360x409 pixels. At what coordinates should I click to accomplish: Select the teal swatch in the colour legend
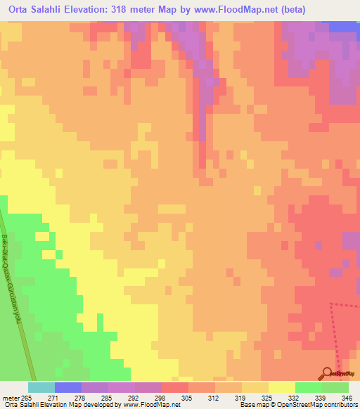tap(41, 387)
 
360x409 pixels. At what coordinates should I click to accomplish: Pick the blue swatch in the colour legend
tap(68, 387)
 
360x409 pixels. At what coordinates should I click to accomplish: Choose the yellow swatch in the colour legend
tap(282, 387)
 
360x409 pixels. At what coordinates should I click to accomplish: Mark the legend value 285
tap(115, 398)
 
